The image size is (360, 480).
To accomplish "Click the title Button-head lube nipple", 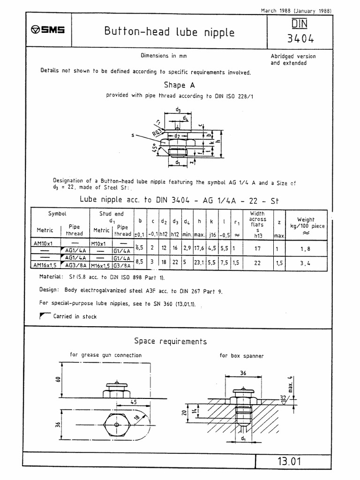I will click(x=169, y=32).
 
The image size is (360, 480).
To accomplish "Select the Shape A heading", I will click(x=179, y=85).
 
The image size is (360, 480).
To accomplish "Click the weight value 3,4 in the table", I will click(x=306, y=263).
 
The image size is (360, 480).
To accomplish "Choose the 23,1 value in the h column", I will click(x=199, y=263).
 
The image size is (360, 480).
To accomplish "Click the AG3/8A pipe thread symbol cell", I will click(x=75, y=265).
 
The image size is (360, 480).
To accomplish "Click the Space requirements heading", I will click(x=170, y=341).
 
